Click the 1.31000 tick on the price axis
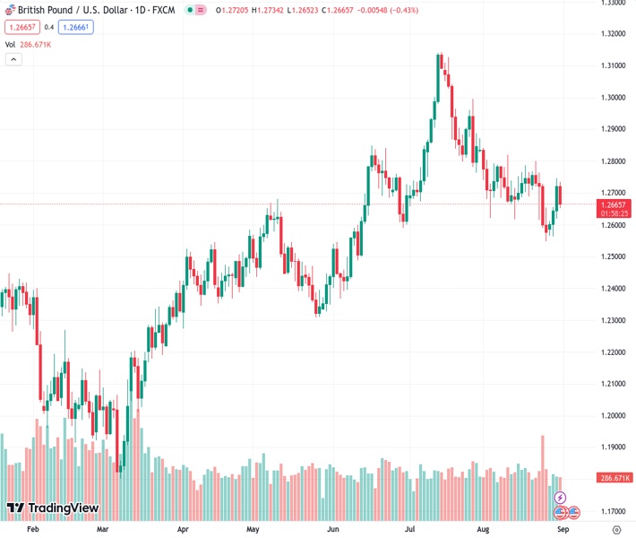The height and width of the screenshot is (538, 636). point(613,65)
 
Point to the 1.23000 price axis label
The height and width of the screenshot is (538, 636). point(613,320)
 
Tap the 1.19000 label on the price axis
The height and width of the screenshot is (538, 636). point(613,447)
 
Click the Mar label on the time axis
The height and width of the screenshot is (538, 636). point(103,530)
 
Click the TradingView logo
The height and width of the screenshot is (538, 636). point(52,508)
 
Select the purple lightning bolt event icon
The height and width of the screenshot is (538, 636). point(560,497)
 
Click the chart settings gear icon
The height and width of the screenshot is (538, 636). point(616,530)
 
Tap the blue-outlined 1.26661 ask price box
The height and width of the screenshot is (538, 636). point(75,27)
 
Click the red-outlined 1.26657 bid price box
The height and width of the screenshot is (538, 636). point(21,27)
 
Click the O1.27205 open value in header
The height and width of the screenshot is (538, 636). point(235,10)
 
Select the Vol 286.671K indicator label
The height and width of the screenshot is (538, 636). point(28,44)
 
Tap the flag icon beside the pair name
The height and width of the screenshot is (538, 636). point(7,10)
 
